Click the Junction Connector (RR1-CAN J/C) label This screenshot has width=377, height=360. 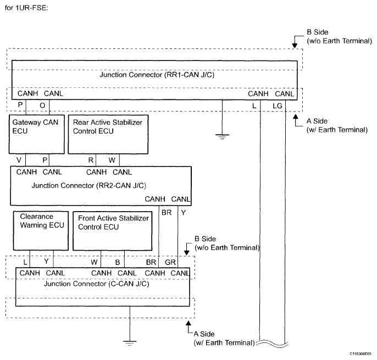[x=157, y=75]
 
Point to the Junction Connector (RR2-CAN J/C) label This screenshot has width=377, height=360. [x=89, y=186]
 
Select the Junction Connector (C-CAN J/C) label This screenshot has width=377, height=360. [x=96, y=284]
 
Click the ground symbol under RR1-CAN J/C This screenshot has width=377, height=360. [x=223, y=137]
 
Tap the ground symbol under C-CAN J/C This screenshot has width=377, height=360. [x=130, y=343]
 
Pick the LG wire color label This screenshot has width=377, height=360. [x=277, y=106]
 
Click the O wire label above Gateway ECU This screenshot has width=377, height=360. [x=42, y=106]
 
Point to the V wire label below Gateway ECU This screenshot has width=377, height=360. [x=19, y=160]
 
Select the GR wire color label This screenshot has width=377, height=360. [x=170, y=262]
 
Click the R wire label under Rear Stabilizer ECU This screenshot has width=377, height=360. [x=91, y=160]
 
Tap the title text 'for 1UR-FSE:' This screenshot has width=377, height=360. [x=26, y=8]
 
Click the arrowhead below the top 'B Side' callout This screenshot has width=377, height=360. [x=295, y=46]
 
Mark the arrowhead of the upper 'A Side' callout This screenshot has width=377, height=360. [x=296, y=117]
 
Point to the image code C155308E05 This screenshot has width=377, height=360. [x=361, y=354]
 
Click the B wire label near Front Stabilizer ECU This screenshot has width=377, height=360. [x=118, y=262]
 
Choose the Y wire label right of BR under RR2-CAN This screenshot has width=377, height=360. [x=184, y=213]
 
